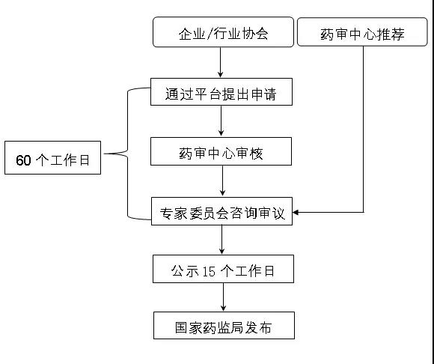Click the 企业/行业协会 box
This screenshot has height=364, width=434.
(x=223, y=32)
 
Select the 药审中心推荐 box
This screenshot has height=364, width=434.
(x=362, y=31)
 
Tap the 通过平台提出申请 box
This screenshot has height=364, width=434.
(x=221, y=91)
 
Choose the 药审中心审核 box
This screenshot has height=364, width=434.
(x=221, y=151)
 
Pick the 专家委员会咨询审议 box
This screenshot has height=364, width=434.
(x=221, y=211)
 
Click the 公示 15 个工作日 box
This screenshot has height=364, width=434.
(x=223, y=269)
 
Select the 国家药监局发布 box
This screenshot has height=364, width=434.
(x=224, y=325)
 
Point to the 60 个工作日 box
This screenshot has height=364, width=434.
(x=52, y=157)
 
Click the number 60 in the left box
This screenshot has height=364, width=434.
(x=23, y=160)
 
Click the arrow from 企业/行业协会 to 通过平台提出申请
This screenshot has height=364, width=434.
(x=220, y=62)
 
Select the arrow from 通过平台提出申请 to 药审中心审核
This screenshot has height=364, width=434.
(x=221, y=121)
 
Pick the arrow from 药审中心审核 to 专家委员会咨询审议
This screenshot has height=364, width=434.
(x=222, y=181)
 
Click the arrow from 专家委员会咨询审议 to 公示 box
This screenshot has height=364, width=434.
(x=221, y=240)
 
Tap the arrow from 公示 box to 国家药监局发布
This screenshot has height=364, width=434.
(x=224, y=297)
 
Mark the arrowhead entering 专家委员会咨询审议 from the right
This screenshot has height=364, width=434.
(x=296, y=213)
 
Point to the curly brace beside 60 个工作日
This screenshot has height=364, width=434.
(x=128, y=154)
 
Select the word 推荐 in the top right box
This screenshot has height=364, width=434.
(x=391, y=34)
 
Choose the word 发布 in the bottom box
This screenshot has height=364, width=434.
(x=258, y=328)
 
